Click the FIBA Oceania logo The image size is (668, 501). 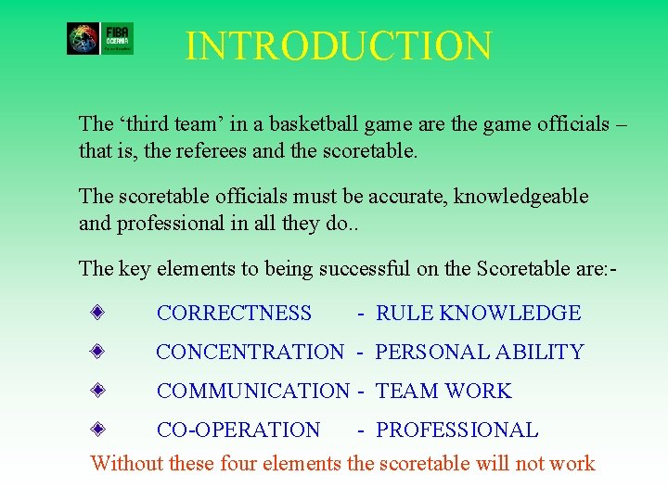(100, 38)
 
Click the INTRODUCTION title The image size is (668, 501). (339, 46)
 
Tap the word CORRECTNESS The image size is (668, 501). (234, 314)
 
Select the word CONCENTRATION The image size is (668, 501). (250, 353)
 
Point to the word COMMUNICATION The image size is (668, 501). (252, 392)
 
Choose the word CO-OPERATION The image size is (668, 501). (238, 430)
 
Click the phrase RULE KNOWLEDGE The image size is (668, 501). (478, 314)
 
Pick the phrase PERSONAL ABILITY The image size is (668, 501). (480, 353)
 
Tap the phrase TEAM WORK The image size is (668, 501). (443, 392)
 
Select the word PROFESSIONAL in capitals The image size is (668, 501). (456, 430)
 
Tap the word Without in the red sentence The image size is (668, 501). (124, 463)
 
